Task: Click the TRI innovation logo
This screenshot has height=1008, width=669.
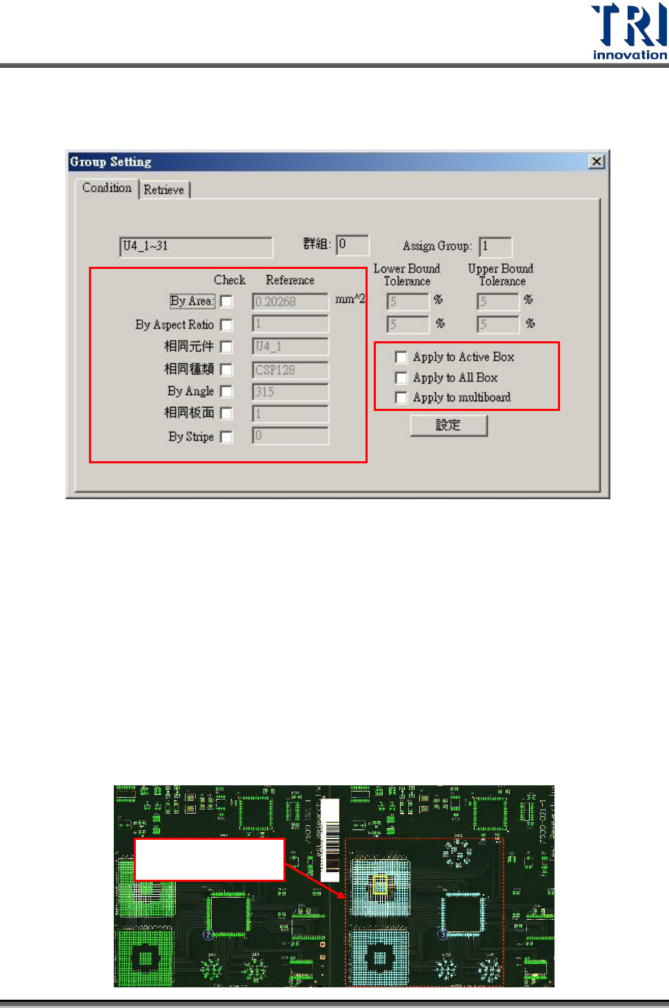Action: point(629,32)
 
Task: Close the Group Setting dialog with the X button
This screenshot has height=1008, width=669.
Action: point(597,161)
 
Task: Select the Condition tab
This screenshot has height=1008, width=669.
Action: point(107,188)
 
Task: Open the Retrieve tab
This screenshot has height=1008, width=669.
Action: point(164,190)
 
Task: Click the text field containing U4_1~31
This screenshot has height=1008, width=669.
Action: point(196,246)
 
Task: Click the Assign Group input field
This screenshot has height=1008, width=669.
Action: point(495,246)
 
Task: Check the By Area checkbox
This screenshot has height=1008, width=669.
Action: point(226,301)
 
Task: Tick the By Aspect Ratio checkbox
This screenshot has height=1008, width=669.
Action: point(226,325)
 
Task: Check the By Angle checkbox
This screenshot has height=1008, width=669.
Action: point(226,392)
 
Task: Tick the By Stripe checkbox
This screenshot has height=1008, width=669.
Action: point(226,437)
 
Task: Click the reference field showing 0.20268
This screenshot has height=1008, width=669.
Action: point(290,302)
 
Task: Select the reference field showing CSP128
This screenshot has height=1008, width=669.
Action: point(290,370)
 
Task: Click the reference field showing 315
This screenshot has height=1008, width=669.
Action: point(290,392)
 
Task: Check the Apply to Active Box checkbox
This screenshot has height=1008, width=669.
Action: point(401,357)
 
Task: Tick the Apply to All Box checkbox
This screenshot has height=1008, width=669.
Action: point(401,378)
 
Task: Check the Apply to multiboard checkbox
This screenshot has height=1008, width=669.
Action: point(401,398)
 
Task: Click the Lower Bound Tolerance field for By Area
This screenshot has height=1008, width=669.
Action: point(408,301)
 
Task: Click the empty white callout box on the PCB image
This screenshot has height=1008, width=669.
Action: point(209,860)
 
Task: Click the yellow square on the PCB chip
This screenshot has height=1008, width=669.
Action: point(380,885)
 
